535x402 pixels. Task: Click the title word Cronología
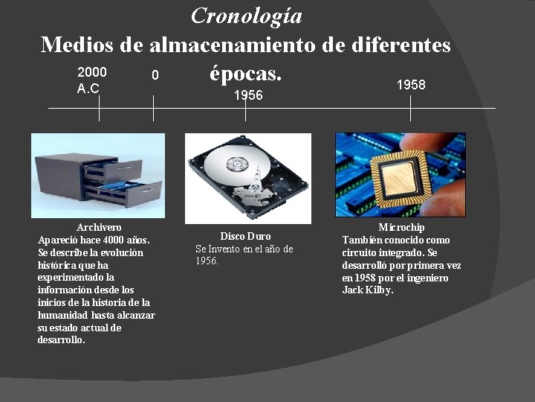click(x=247, y=16)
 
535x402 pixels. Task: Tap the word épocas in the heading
click(x=245, y=74)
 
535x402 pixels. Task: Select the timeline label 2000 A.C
click(x=92, y=80)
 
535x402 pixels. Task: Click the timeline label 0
click(x=155, y=75)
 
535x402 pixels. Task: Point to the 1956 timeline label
click(x=248, y=95)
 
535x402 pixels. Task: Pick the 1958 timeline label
click(x=411, y=85)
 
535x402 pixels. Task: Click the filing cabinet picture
click(x=98, y=175)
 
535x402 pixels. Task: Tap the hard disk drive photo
click(x=247, y=178)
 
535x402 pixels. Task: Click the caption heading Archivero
click(x=99, y=227)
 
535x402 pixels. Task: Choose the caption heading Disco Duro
click(x=245, y=236)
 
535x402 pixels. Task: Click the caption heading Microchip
click(x=401, y=227)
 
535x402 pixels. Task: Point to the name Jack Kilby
click(x=368, y=290)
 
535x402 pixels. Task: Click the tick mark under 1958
click(x=411, y=109)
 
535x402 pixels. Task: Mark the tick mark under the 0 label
click(x=153, y=109)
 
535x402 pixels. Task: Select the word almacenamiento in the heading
click(x=234, y=45)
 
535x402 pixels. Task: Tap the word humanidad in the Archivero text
click(x=61, y=315)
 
